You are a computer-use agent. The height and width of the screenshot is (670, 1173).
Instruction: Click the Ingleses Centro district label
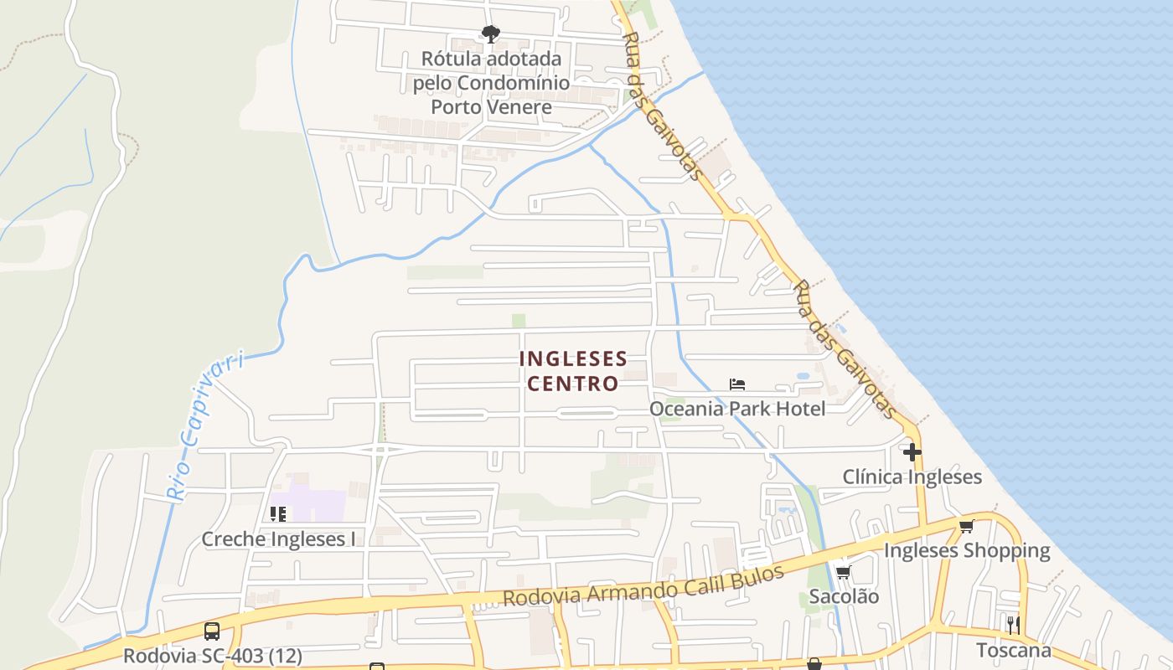[572, 371]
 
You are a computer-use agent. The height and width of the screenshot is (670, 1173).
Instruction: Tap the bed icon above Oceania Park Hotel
[737, 384]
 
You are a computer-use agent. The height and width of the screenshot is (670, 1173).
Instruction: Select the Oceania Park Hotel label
[737, 409]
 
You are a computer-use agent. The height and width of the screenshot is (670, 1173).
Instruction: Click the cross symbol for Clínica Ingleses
[912, 452]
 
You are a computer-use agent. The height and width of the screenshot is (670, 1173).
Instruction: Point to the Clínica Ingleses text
[912, 477]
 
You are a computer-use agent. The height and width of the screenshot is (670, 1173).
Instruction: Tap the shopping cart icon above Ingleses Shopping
[967, 526]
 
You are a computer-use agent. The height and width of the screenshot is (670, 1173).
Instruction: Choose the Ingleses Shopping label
[967, 551]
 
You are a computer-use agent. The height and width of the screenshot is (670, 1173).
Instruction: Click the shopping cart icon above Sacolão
[843, 573]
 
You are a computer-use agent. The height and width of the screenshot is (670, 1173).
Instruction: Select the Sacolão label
[844, 597]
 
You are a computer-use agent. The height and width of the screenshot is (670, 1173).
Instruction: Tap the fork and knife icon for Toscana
[1013, 625]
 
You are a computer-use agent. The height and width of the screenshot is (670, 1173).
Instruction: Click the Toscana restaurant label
[1013, 651]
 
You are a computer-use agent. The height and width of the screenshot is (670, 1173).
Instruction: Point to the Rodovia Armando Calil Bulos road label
[643, 585]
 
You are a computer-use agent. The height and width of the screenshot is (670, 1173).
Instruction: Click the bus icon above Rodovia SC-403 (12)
[212, 631]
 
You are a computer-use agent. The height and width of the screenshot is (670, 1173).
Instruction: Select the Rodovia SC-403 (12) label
[212, 655]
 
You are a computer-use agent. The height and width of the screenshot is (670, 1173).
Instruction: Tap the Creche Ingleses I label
[278, 539]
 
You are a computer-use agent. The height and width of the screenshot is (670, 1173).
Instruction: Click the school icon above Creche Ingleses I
[278, 513]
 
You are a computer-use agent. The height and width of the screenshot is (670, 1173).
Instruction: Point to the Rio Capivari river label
[204, 425]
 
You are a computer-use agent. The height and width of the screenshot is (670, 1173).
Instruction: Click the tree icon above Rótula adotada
[491, 34]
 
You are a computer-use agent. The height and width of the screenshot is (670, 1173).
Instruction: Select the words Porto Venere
[491, 107]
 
